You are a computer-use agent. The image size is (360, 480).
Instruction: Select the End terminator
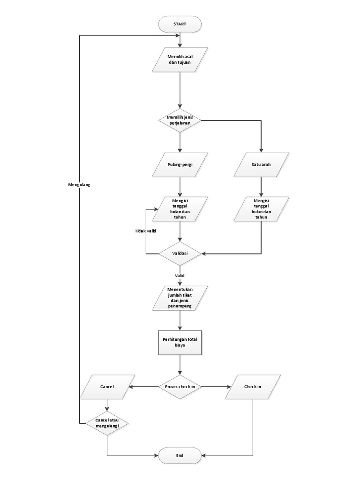(180, 455)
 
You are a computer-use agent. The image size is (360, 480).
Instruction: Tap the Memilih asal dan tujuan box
(180, 60)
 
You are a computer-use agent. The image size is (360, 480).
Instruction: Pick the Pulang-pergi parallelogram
(180, 165)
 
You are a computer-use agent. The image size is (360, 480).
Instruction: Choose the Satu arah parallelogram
(262, 165)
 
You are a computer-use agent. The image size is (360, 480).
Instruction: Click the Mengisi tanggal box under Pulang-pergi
(180, 209)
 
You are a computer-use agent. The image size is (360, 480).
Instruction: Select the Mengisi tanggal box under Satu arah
(262, 209)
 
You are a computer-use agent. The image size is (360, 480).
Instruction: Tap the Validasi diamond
(180, 254)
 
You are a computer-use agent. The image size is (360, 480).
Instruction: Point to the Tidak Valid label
(146, 231)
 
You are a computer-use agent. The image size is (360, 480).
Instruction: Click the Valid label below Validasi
(180, 276)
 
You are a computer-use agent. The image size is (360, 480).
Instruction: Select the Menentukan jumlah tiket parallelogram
(180, 298)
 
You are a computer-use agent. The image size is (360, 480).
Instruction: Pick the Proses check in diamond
(180, 387)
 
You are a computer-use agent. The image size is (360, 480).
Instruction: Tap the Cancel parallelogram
(107, 387)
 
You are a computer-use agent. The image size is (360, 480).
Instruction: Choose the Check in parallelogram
(253, 387)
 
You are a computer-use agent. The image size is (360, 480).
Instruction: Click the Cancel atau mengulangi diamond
(107, 423)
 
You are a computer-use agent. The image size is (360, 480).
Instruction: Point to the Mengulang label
(79, 185)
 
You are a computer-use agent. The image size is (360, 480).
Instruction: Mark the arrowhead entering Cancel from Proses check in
(131, 387)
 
